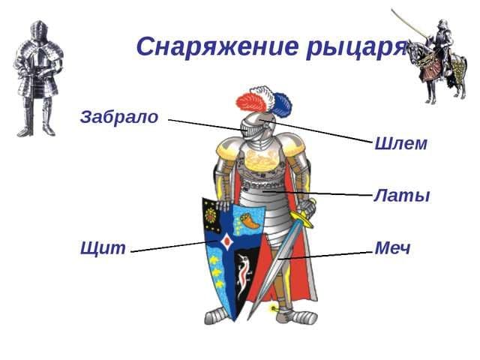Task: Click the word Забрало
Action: pyautogui.click(x=119, y=117)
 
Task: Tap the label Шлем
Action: pyautogui.click(x=400, y=143)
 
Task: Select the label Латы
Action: pyautogui.click(x=401, y=196)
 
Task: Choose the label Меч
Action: pyautogui.click(x=392, y=248)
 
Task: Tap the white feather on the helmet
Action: pyautogui.click(x=263, y=97)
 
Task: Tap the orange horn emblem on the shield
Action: pyautogui.click(x=247, y=220)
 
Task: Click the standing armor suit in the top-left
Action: pyautogui.click(x=37, y=79)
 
